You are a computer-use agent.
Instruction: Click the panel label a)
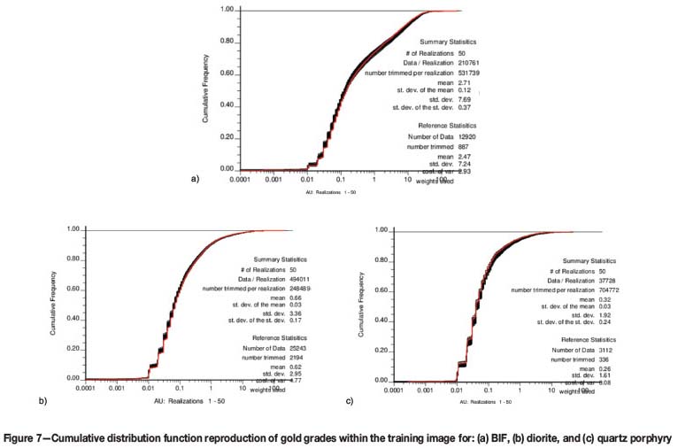[196, 179]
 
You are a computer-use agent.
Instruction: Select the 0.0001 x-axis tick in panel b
[85, 388]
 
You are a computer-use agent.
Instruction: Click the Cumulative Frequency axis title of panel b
[56, 304]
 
